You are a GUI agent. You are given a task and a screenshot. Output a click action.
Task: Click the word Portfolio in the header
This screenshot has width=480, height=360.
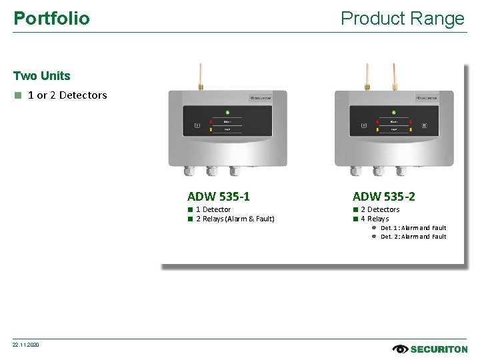coord(51,18)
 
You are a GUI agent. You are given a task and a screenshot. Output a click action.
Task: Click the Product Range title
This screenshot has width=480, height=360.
coord(402,18)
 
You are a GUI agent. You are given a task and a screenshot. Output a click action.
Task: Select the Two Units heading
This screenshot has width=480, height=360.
coord(41,76)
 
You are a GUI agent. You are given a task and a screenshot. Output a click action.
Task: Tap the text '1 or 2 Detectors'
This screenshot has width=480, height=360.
coord(67,95)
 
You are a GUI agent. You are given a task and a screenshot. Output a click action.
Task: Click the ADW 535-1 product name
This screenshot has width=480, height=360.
coord(219,196)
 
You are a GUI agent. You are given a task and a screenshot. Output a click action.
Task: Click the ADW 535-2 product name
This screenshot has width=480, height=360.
coord(383,196)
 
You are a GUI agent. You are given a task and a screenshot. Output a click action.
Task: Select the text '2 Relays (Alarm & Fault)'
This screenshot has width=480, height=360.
coord(235,219)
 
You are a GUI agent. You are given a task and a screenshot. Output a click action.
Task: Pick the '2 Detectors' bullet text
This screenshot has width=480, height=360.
coord(380,209)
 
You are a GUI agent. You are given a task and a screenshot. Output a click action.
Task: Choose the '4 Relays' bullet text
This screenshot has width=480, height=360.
coord(375,219)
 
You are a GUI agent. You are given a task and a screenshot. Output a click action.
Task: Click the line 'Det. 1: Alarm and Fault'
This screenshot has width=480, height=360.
coord(413,228)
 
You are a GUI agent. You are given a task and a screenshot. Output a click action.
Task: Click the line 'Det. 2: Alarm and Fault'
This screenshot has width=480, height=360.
coord(413,237)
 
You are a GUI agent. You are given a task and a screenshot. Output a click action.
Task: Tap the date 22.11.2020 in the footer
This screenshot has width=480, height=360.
coord(26,344)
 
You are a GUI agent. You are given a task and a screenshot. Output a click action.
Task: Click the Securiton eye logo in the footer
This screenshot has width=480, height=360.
coord(401,349)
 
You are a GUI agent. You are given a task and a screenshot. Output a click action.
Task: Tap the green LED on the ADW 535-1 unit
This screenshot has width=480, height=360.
coord(227,112)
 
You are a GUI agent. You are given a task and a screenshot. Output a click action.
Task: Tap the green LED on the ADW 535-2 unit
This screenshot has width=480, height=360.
coord(393,112)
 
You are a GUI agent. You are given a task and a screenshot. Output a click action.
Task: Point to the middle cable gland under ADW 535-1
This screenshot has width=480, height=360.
coord(212,171)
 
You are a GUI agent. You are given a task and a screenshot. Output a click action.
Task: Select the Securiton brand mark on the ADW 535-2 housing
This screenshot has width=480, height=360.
coord(427,98)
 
